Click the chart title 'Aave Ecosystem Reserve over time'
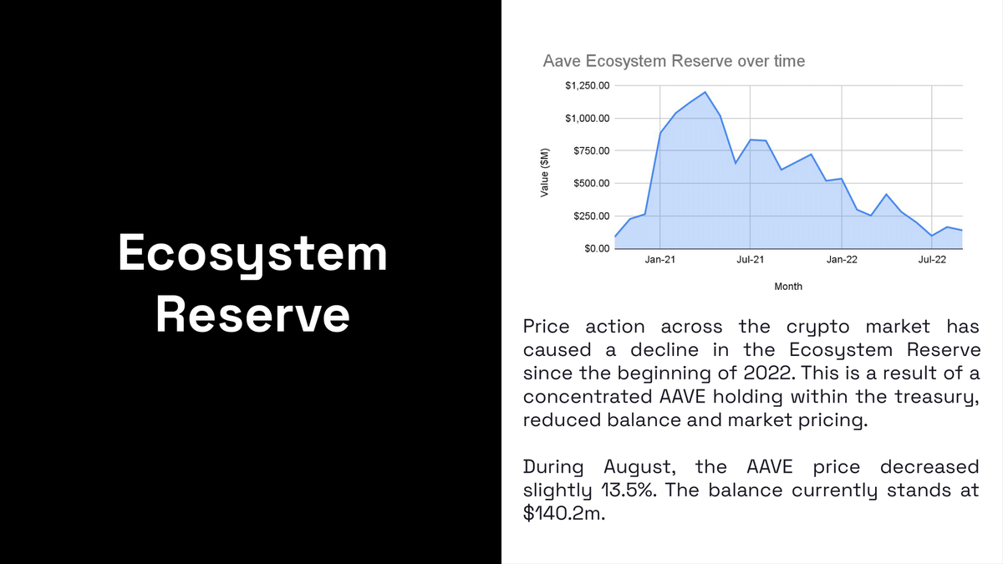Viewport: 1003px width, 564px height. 674,61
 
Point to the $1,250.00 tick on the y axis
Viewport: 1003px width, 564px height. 587,85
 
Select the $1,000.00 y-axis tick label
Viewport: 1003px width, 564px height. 587,118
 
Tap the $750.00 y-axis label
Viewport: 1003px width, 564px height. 592,151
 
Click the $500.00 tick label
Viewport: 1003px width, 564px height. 592,183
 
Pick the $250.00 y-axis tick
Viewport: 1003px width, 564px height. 592,216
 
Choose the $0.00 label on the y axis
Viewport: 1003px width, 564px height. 597,248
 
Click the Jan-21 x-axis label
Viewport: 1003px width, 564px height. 660,260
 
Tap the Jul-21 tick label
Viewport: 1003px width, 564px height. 751,260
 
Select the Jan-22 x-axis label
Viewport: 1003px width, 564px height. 842,260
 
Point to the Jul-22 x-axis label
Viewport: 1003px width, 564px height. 932,260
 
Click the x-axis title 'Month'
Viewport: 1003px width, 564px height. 788,287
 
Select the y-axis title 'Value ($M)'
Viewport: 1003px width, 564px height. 544,173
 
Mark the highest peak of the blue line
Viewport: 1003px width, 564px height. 705,92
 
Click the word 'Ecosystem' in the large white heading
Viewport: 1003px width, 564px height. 252,253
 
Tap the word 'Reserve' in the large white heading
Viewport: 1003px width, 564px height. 252,315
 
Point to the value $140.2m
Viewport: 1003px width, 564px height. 564,513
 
